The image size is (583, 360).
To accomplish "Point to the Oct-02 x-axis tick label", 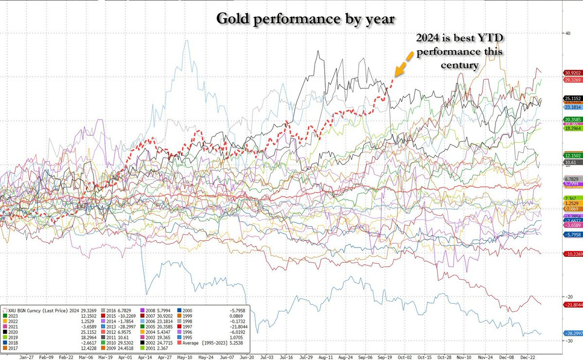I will (x=405, y=356).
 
